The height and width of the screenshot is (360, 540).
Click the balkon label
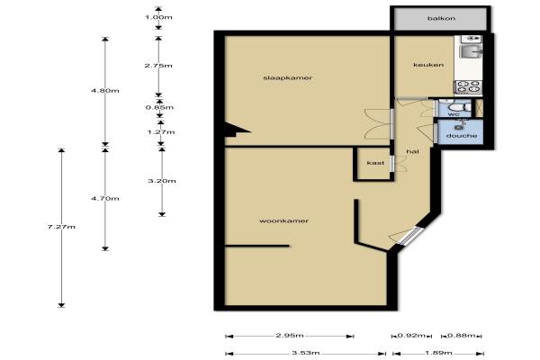point(441,18)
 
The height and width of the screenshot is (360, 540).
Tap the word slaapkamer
point(288,78)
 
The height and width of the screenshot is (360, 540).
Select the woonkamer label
point(283,220)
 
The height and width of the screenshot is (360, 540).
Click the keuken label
point(428,65)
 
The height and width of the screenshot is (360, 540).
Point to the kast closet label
point(375,163)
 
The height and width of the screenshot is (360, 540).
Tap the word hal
point(412,151)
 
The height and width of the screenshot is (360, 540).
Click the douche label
point(462,136)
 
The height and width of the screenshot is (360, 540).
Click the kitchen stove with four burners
point(468,87)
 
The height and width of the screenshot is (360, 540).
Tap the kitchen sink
point(471,51)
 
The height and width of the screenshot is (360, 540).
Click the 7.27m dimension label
point(61,227)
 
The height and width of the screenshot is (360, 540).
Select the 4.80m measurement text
point(105,91)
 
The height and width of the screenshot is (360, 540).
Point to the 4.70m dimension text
point(105,198)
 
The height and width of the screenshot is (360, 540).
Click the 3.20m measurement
point(162,181)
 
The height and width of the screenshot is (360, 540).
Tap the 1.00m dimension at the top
point(158,17)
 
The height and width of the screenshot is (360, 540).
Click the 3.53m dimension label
point(305,353)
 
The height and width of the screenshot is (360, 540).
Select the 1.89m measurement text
point(438,353)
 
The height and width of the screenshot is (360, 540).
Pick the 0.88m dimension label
point(461,335)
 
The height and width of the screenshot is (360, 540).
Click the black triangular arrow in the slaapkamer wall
point(235,130)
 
